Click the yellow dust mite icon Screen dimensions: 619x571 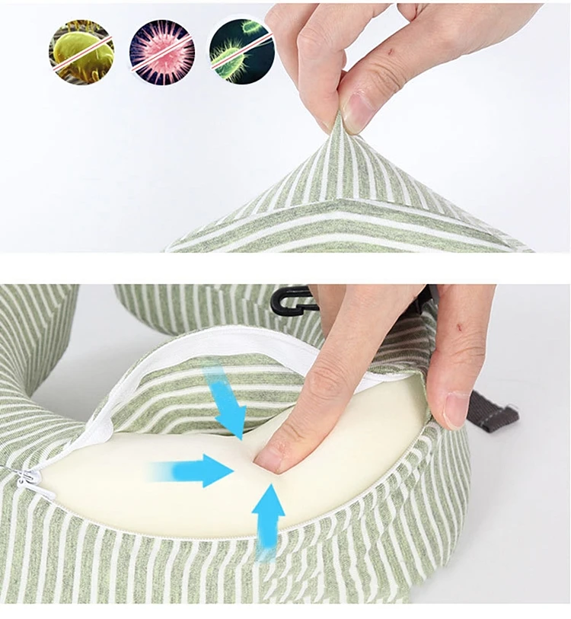tap(81, 52)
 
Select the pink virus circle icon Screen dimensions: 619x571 tap(161, 52)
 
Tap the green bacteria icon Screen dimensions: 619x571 tap(241, 52)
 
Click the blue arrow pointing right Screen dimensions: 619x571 tap(194, 471)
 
